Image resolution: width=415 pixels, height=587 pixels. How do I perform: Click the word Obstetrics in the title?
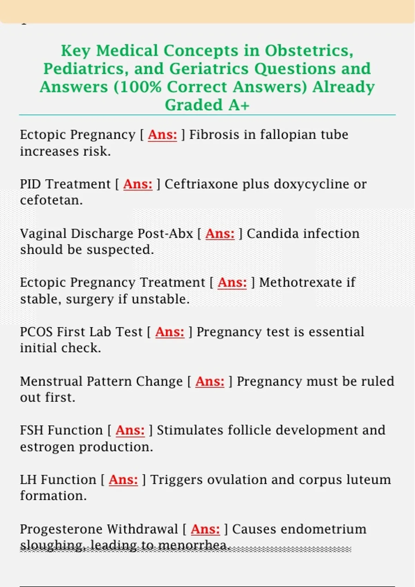tap(309, 50)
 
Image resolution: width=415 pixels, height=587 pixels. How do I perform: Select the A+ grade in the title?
tap(239, 105)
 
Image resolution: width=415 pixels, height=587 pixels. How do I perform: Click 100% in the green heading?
tap(137, 87)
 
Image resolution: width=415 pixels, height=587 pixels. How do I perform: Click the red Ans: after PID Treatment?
tap(138, 184)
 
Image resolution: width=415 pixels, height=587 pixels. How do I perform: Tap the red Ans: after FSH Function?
tap(130, 430)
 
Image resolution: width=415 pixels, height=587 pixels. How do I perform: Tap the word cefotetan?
tap(52, 200)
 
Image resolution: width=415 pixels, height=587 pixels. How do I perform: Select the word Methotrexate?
tap(301, 282)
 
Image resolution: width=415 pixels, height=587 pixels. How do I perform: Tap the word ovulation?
tap(237, 480)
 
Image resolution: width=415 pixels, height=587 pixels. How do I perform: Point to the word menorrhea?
tap(194, 546)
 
